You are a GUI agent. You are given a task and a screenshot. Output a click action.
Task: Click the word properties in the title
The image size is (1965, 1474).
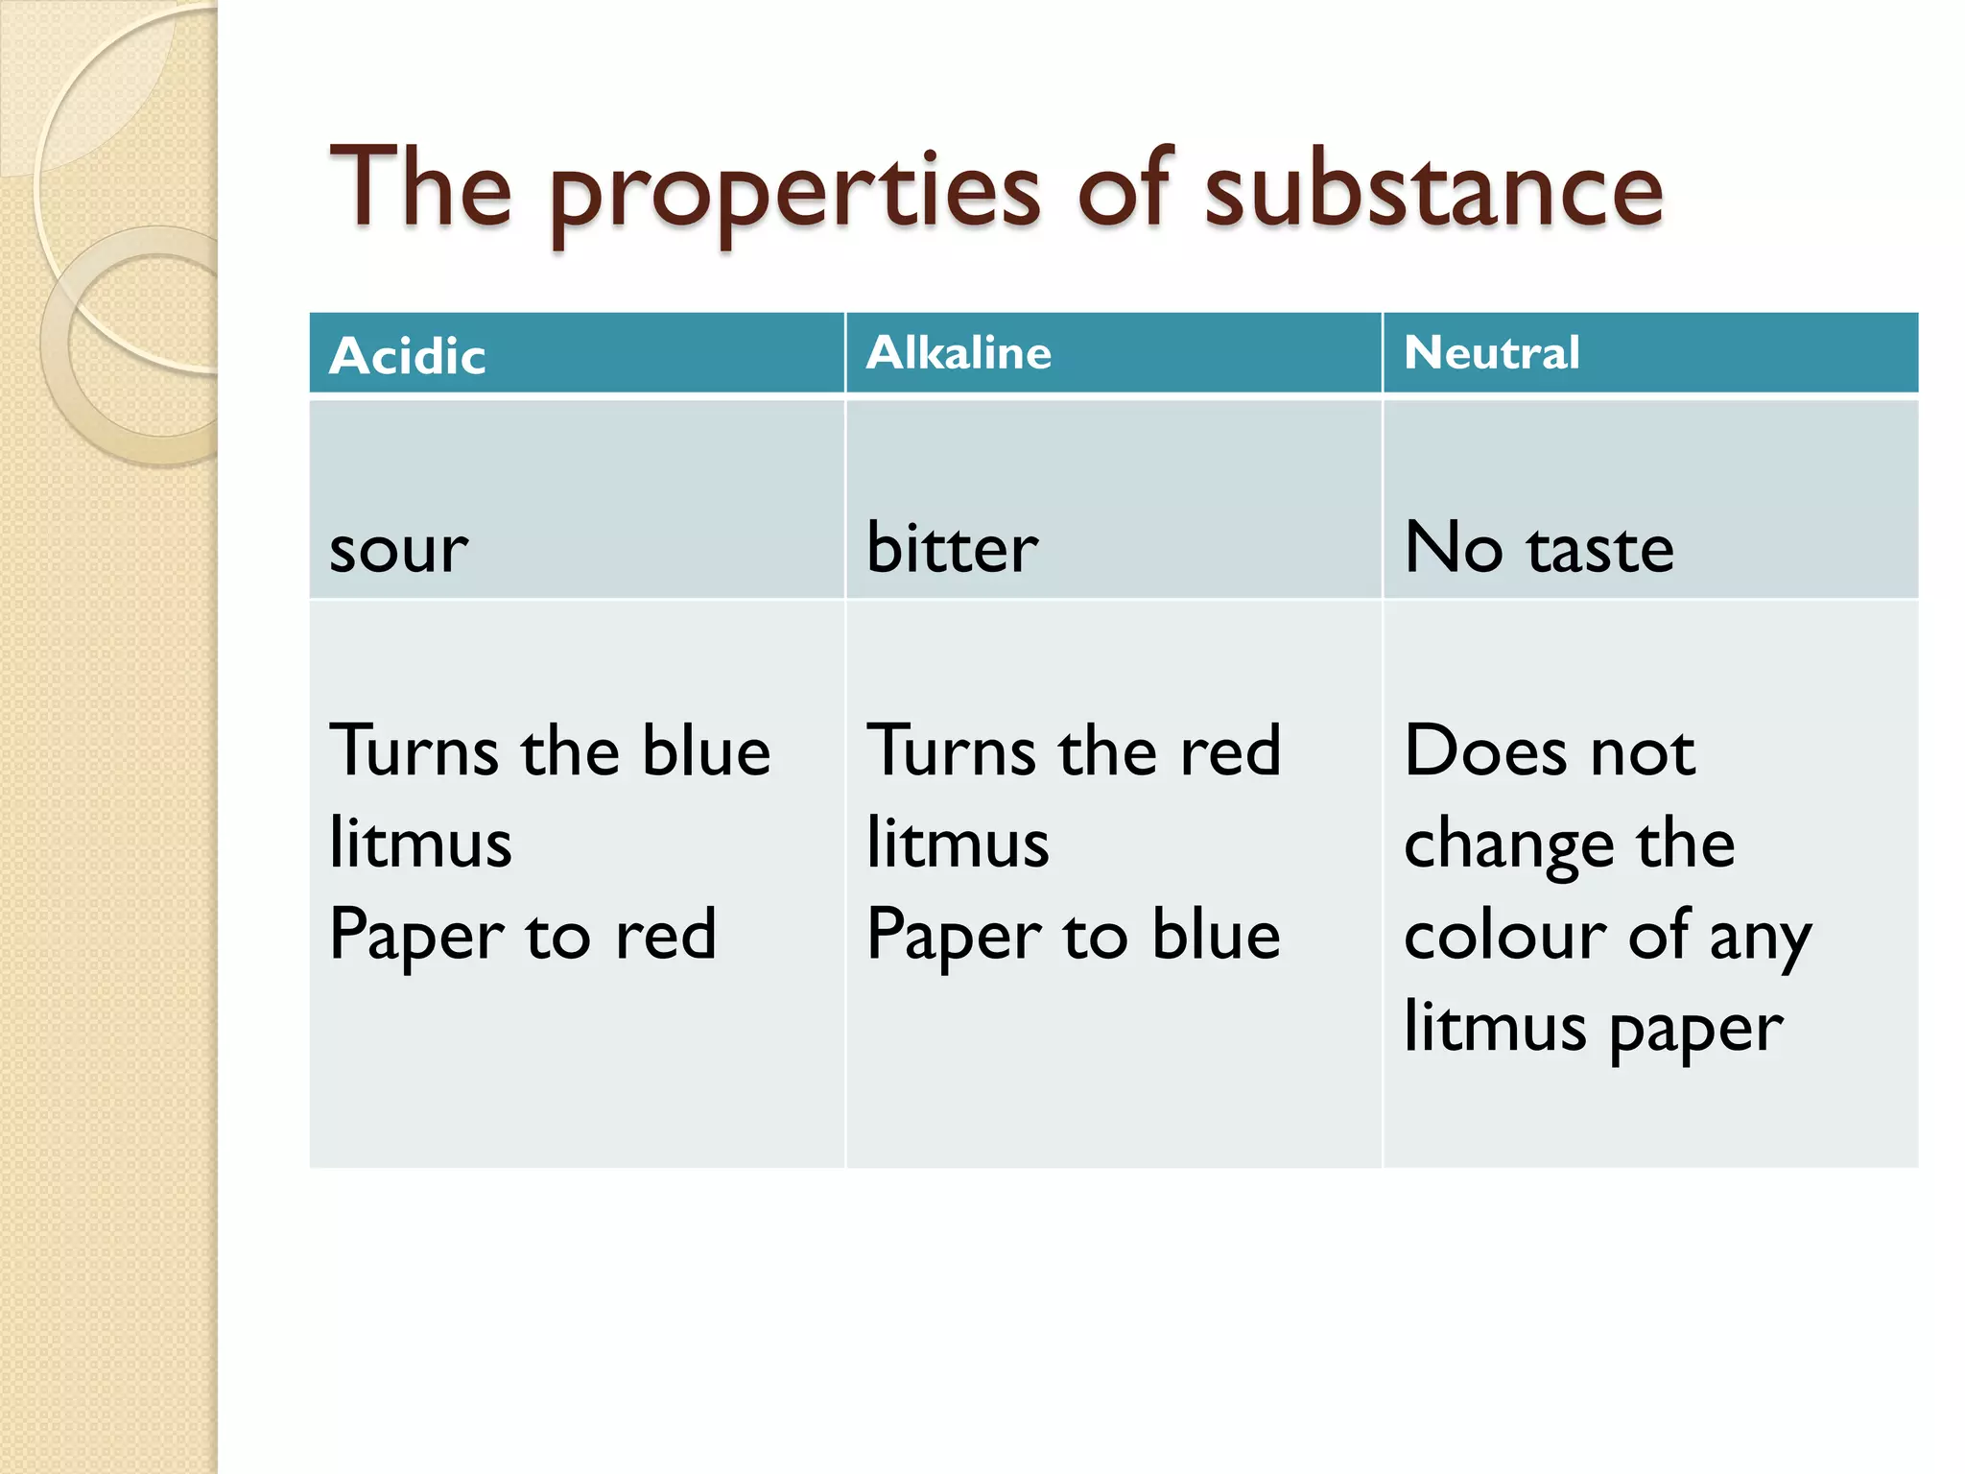(794, 192)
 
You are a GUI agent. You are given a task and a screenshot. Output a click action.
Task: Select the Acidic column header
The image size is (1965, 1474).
(408, 356)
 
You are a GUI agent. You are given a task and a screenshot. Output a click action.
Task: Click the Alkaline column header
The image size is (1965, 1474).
(959, 353)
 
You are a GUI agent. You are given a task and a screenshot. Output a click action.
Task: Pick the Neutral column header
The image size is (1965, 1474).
(1492, 353)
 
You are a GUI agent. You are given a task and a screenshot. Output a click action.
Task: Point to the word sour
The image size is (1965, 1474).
(398, 550)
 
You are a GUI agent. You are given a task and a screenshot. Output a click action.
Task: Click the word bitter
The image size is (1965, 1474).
(952, 548)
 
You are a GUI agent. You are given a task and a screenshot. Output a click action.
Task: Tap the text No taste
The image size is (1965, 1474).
(1539, 548)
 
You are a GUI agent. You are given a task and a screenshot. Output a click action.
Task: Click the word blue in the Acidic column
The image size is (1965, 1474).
(706, 750)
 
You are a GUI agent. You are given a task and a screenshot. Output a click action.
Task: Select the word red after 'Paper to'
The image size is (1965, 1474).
(666, 935)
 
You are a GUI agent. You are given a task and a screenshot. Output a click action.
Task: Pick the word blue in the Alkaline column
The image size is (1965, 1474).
(1216, 935)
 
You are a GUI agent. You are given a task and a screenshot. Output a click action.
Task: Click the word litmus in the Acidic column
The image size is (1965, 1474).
(420, 843)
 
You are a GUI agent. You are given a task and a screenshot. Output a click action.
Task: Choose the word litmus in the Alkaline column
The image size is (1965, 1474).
(958, 843)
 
